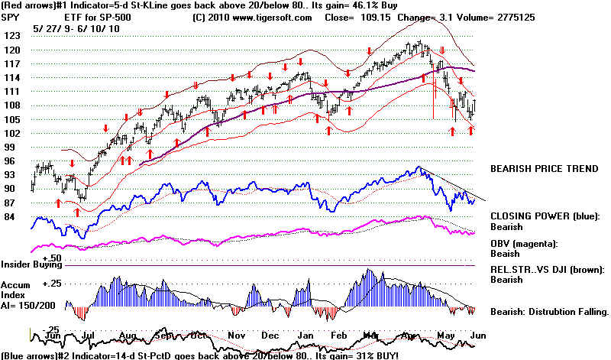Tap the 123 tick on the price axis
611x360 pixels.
pyautogui.click(x=11, y=36)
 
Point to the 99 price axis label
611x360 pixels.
pyautogui.click(x=11, y=147)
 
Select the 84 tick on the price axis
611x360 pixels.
pyautogui.click(x=11, y=216)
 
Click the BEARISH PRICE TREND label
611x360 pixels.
pyautogui.click(x=544, y=167)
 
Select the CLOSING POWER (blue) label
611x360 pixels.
pyautogui.click(x=545, y=216)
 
